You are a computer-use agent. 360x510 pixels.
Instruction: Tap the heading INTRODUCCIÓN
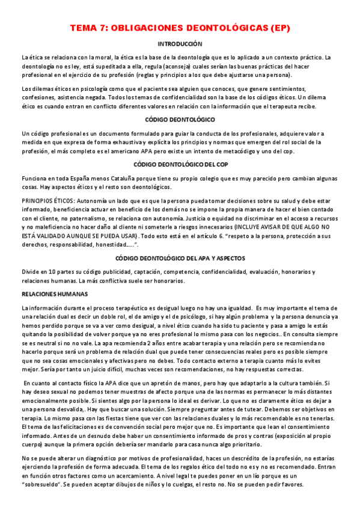(180, 44)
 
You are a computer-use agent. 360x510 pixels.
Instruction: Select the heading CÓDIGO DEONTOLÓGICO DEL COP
(180, 164)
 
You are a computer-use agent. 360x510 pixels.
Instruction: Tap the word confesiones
(38, 97)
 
